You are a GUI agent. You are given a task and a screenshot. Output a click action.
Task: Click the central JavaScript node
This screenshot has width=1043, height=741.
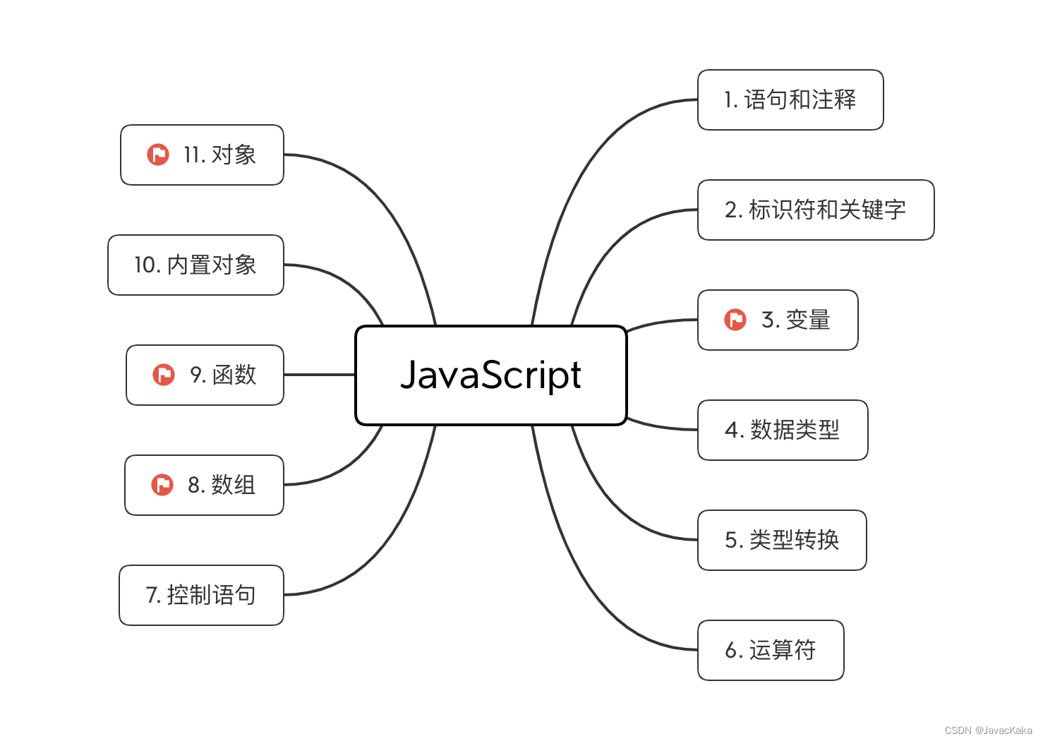(x=490, y=375)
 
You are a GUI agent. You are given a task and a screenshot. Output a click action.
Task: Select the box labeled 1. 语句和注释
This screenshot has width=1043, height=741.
(x=790, y=100)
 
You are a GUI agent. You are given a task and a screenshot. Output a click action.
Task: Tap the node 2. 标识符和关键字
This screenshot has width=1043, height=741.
(x=815, y=210)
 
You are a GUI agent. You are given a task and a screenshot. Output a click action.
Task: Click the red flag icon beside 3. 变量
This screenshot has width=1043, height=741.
(x=735, y=320)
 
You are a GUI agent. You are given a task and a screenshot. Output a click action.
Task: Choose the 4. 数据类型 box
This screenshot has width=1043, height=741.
(x=782, y=430)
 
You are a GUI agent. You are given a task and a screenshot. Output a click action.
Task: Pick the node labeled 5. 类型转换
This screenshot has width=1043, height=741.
(x=781, y=540)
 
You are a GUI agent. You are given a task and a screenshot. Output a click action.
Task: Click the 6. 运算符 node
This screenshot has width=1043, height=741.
(x=770, y=650)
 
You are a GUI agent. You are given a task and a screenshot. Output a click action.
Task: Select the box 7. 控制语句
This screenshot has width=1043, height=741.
(x=201, y=595)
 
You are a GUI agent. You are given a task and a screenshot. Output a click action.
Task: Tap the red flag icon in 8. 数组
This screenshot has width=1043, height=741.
(x=162, y=485)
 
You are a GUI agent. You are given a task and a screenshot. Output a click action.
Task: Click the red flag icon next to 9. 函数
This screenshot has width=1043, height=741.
(x=164, y=375)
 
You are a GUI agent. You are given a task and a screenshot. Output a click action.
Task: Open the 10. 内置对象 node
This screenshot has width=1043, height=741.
(x=195, y=265)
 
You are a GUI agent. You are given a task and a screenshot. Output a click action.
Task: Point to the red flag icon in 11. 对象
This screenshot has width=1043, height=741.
(x=158, y=155)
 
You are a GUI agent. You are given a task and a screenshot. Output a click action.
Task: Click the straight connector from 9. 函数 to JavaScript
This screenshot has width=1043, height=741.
(x=319, y=375)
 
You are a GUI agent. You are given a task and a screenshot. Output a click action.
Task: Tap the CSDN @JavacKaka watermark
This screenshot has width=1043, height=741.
(x=988, y=730)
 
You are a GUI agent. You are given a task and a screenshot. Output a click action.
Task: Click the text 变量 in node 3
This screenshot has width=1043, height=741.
(x=808, y=320)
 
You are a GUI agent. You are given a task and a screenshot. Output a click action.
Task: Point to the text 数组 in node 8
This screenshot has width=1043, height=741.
(x=233, y=485)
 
